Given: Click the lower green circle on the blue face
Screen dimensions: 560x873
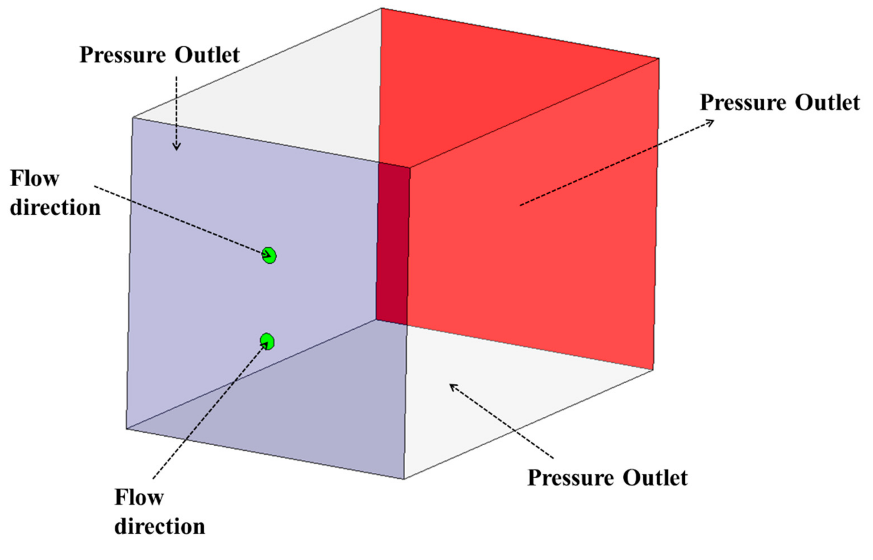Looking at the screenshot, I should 267,341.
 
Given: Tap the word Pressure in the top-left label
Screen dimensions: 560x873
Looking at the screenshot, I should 123,55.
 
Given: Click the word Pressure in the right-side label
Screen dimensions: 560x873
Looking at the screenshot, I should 743,103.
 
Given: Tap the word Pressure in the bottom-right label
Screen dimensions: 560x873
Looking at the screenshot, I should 570,478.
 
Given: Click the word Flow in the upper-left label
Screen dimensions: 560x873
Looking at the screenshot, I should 35,179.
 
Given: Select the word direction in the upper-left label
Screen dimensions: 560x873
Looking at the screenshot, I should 55,208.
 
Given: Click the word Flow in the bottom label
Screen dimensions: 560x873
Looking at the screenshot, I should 139,497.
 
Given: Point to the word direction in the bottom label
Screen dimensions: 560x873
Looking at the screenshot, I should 160,526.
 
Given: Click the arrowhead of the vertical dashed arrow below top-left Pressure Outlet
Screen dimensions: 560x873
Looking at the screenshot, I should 176,147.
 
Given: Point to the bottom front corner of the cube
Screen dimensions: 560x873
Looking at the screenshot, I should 404,479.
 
